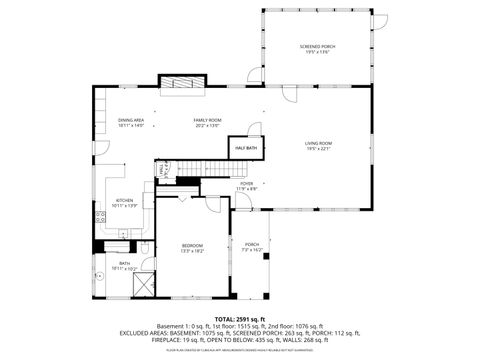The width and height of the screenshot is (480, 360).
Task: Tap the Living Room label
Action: pos(319,143)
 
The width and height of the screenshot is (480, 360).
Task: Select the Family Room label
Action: pos(207,120)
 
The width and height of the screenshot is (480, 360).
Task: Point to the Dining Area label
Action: pos(131,120)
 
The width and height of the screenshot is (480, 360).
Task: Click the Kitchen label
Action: pos(123,199)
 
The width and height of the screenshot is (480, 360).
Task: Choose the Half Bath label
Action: pos(245,148)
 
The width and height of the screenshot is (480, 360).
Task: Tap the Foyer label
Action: pos(246,183)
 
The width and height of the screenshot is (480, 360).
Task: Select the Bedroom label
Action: pos(192,245)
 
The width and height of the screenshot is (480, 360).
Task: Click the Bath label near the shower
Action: pos(125,263)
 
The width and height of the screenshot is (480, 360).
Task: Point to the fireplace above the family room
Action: pos(180,87)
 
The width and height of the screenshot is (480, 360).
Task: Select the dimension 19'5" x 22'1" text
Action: pos(319,149)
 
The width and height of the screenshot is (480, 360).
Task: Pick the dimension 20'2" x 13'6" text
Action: pos(207,126)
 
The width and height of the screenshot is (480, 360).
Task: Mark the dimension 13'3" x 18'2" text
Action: pos(192,251)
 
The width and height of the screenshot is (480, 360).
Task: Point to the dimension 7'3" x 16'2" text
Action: pos(252,250)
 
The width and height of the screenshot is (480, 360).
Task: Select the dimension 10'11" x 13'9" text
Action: pos(123,205)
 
